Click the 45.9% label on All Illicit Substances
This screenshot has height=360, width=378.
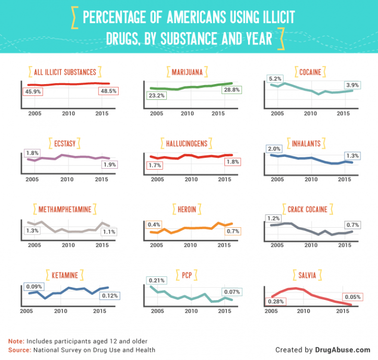coord(31,91)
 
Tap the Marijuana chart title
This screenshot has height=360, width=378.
coord(187,73)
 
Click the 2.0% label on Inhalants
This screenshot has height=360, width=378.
coord(274,149)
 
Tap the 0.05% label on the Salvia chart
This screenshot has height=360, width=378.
coord(353,297)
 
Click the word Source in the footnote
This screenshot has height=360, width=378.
coord(19,350)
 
